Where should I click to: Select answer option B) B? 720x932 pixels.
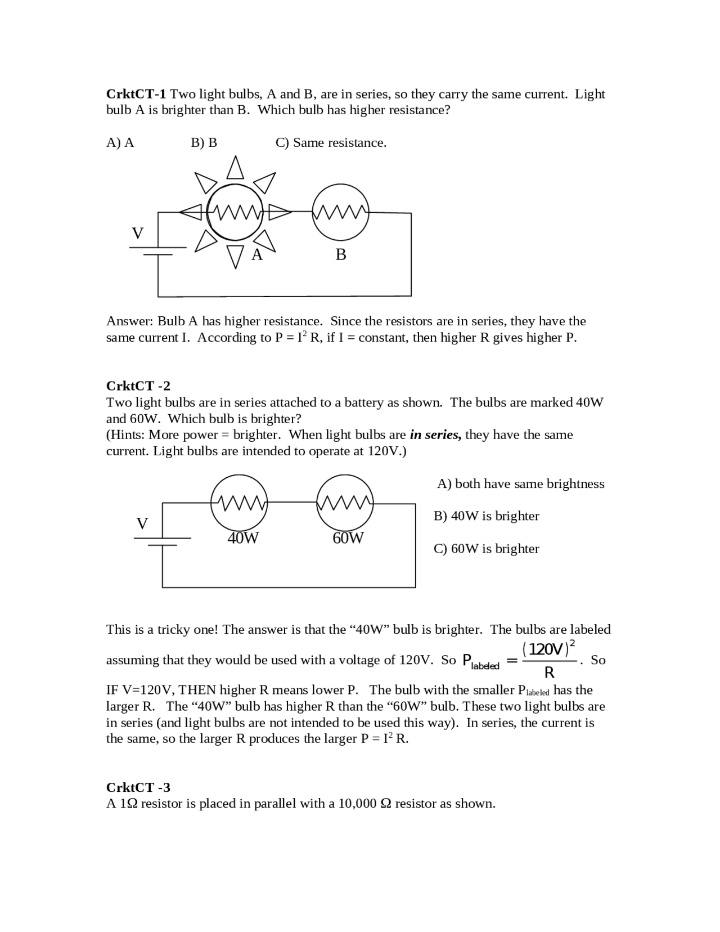[204, 143]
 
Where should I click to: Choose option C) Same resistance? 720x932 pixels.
[331, 143]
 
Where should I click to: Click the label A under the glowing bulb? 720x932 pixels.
[256, 255]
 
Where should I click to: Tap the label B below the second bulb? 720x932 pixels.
[340, 255]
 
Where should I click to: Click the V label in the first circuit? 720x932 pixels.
[137, 233]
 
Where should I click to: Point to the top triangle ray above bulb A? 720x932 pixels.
[235, 167]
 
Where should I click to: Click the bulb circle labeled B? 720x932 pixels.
[340, 212]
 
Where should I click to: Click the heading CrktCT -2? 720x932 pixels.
[138, 386]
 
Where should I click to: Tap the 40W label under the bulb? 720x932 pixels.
[243, 538]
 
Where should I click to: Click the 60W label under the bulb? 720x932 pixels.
[348, 538]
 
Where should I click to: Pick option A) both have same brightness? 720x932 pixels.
[520, 484]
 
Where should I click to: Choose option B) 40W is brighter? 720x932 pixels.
[486, 516]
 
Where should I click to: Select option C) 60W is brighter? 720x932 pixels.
[486, 549]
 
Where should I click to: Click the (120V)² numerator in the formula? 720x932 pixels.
[548, 649]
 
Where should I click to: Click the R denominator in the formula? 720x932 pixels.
[550, 673]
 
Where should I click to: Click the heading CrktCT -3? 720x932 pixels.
[138, 787]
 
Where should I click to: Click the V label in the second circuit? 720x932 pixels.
[142, 523]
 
